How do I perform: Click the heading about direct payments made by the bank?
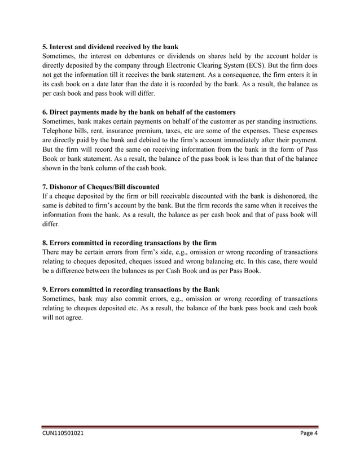point(139,112)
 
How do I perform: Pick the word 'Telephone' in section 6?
point(59,133)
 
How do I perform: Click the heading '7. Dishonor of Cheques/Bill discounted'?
point(101,186)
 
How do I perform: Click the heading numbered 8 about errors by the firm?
point(130,243)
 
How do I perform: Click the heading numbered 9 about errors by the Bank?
point(131,289)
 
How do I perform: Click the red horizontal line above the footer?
point(180,427)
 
